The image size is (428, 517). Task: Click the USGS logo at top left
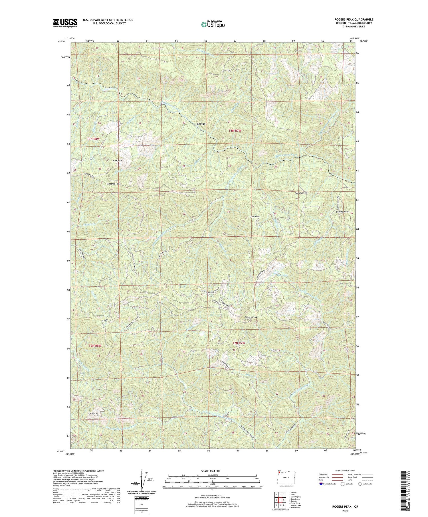[x=65, y=23]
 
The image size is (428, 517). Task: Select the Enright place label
[x=201, y=124]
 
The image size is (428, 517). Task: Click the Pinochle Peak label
[x=114, y=184]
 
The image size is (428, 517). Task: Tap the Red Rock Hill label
[x=301, y=193]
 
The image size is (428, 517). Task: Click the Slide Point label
[x=255, y=216]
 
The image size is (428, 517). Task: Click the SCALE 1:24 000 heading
[x=211, y=471]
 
